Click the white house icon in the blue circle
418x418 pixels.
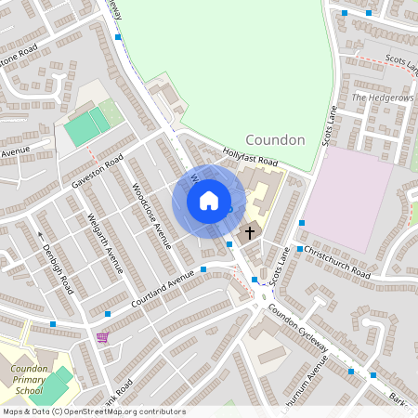(x=209, y=201)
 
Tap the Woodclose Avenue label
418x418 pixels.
(x=150, y=216)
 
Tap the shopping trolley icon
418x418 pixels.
(x=101, y=336)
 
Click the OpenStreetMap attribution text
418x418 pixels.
(x=93, y=411)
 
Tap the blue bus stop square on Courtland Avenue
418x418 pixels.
(x=203, y=270)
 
